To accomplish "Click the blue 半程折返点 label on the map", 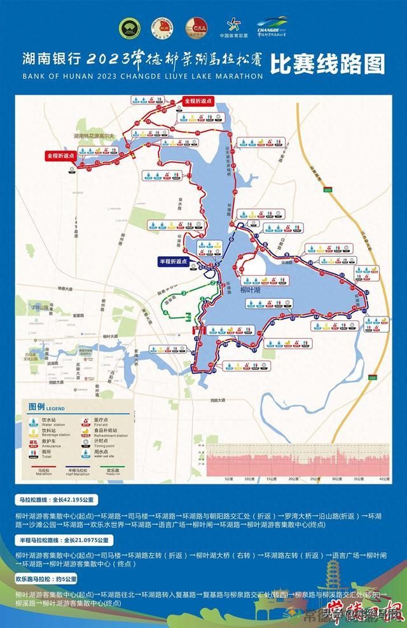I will pos(174,261).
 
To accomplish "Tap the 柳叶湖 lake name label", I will pos(254,289).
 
